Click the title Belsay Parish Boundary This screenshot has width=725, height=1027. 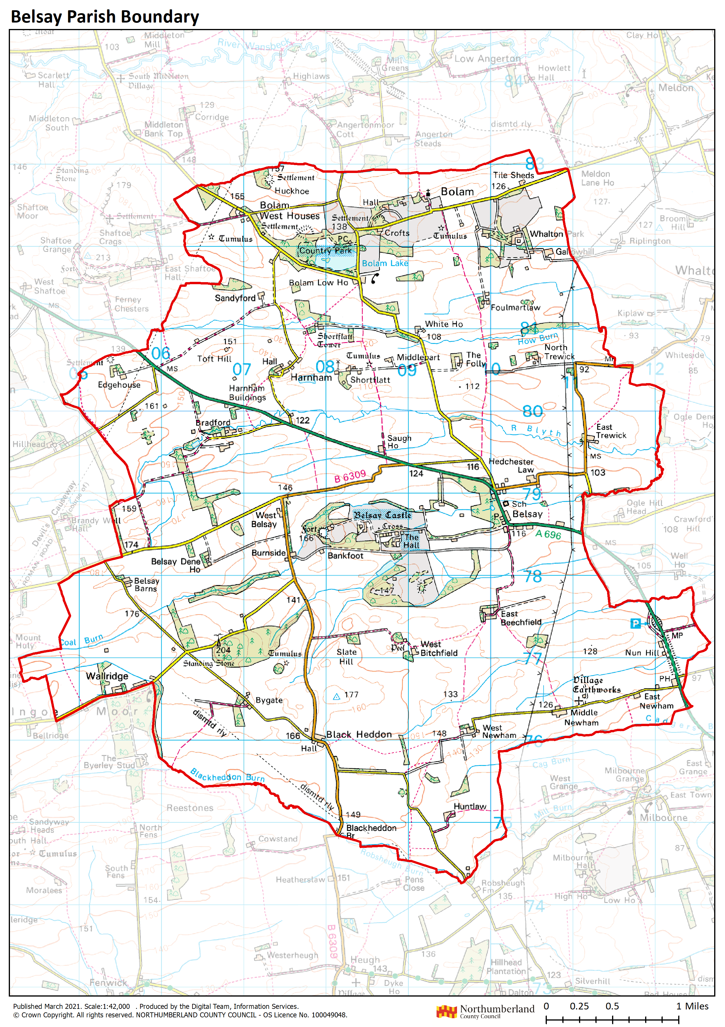click(x=105, y=17)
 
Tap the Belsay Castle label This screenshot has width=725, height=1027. click(x=382, y=515)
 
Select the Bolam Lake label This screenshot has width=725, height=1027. click(x=385, y=263)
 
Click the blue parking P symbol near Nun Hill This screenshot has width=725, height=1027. click(x=635, y=623)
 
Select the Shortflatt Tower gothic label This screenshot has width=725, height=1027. click(x=334, y=340)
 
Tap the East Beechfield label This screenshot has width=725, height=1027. click(x=520, y=618)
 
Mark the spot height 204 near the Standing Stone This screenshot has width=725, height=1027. click(x=223, y=650)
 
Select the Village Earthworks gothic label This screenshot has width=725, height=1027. click(x=596, y=685)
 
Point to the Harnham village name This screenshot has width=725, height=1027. click(x=311, y=378)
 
